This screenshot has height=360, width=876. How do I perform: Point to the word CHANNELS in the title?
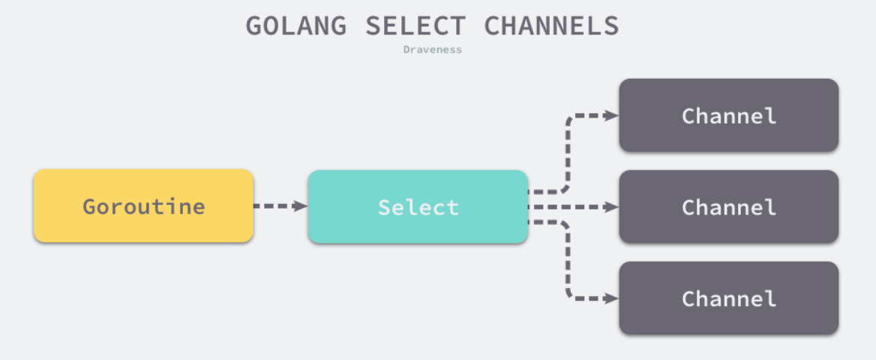coord(551,26)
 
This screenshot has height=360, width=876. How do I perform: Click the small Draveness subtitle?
coord(432,49)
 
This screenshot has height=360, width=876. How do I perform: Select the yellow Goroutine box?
coord(143,205)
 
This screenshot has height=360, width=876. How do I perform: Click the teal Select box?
coord(418,206)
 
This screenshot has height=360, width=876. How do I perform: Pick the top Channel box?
coord(728,115)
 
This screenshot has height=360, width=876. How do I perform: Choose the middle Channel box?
coord(728,206)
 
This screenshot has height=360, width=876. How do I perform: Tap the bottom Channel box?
coord(728,298)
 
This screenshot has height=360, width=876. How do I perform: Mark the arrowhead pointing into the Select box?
coord(301,205)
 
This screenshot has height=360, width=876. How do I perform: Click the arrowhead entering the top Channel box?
coord(612,115)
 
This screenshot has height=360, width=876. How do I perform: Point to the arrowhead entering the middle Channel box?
coord(612,206)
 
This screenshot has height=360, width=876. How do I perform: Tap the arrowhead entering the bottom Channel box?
coord(612,298)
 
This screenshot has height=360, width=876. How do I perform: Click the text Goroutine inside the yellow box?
coord(143,206)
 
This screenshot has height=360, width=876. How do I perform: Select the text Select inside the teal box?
coord(418,207)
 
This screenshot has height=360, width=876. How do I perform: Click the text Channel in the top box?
coord(728,116)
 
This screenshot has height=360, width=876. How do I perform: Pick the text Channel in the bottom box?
coord(728,298)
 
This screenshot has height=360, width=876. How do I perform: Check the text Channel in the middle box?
coord(728,207)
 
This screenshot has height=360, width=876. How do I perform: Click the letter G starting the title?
coord(256,26)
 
